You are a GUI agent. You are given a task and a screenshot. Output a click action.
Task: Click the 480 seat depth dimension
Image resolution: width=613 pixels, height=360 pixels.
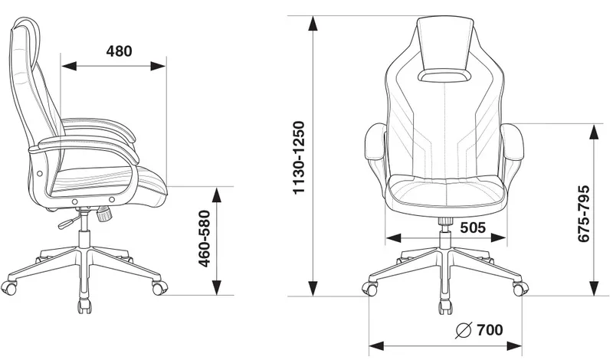120,51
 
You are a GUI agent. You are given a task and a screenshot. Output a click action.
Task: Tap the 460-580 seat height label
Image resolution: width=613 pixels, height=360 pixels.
204,239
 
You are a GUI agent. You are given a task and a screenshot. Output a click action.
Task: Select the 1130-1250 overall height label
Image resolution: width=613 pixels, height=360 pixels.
299,158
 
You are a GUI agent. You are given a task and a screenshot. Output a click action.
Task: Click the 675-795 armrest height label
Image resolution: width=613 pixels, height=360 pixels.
583,214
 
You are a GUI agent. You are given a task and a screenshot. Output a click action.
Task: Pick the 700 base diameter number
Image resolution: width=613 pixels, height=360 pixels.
490,330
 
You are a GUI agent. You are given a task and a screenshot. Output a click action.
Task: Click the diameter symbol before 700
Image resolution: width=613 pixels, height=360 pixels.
464,330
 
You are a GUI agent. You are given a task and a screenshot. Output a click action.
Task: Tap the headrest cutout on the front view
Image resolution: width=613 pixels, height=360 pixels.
445,76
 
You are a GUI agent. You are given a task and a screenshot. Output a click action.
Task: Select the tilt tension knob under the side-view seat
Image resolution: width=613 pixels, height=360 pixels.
104,214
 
